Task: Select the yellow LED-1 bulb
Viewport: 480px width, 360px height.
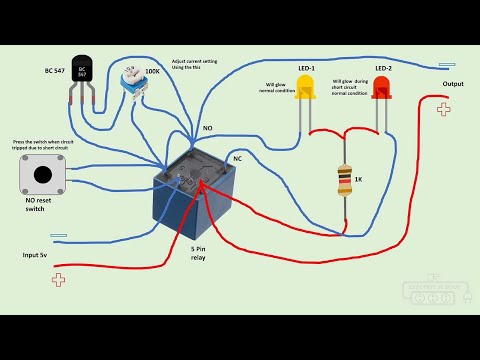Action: tap(305, 91)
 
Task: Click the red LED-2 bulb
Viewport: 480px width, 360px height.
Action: tap(381, 91)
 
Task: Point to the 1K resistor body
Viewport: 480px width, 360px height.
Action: tap(345, 180)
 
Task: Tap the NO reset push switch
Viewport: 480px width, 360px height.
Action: tap(40, 178)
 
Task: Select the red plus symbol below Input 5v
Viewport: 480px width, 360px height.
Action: tap(59, 280)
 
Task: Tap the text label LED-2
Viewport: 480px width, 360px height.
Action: tap(382, 68)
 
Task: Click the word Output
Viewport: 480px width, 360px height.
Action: tap(453, 84)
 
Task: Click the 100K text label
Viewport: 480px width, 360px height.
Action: tap(153, 72)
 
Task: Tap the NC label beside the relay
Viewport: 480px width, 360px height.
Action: tap(237, 158)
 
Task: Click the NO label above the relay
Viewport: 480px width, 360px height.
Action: tap(207, 129)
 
